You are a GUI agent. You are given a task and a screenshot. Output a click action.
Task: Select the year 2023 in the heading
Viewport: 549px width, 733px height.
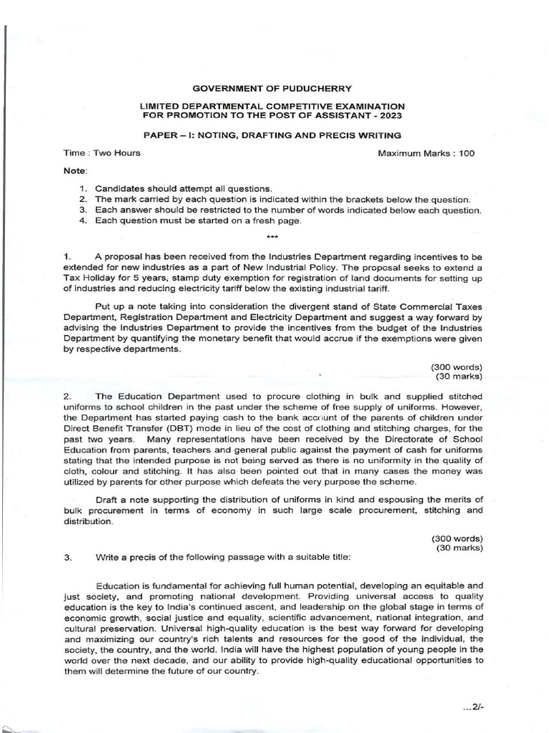tap(392, 115)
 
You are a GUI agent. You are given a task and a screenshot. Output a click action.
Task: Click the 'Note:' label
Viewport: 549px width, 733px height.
tap(75, 171)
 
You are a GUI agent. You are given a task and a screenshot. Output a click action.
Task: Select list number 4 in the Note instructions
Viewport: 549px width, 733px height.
tap(83, 220)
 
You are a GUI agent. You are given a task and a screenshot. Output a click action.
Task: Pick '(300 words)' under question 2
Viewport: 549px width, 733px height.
tap(457, 538)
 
